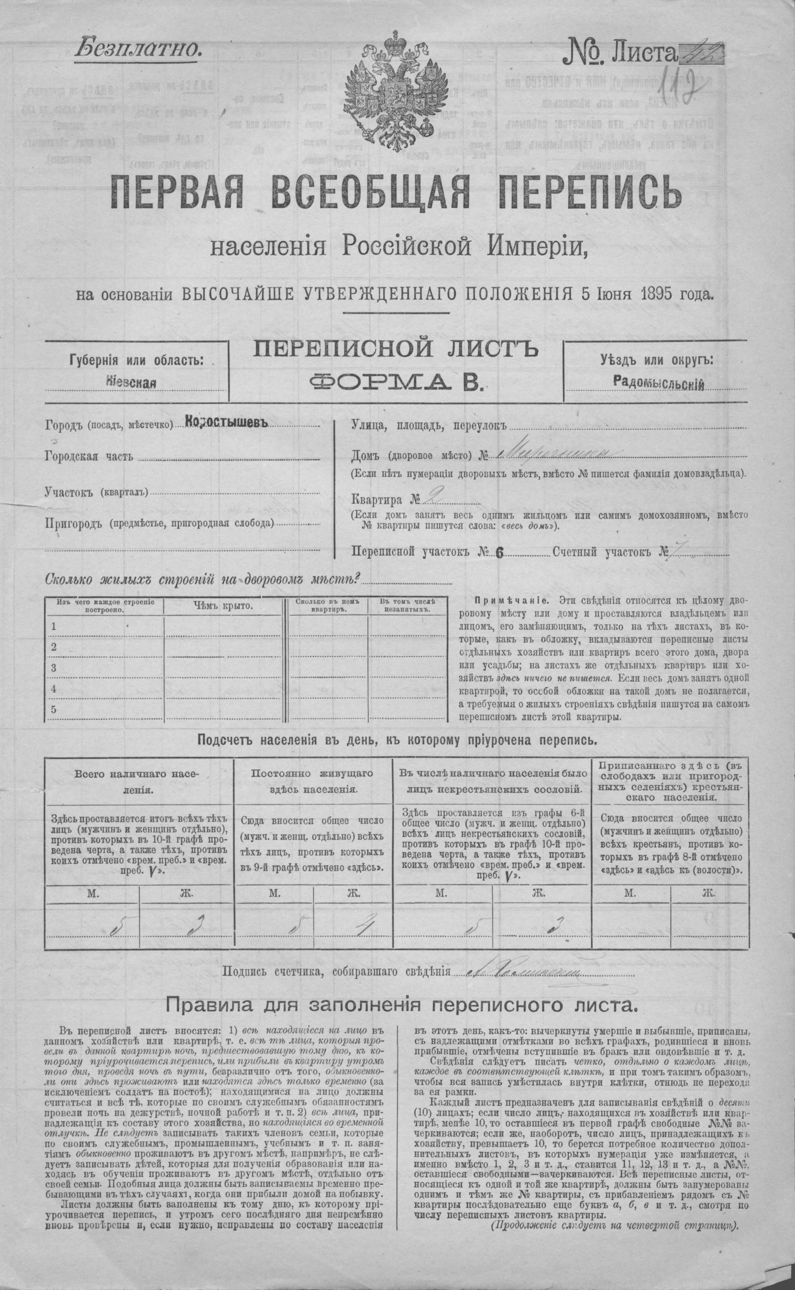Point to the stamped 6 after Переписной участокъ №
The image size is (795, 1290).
click(499, 553)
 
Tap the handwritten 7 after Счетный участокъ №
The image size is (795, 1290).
click(679, 552)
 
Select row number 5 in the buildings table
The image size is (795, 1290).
click(53, 709)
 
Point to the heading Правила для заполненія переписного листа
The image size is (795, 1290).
click(401, 1005)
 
